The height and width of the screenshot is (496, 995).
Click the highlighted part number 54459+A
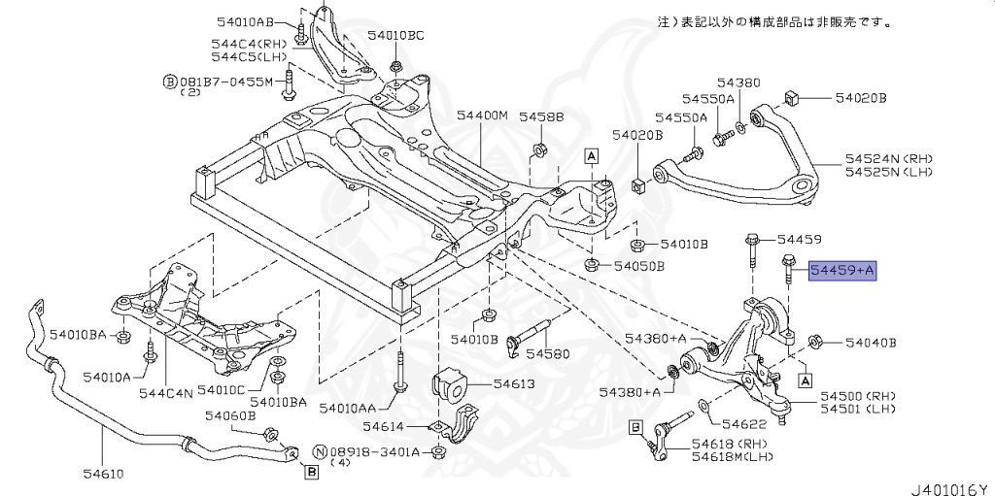tap(843, 270)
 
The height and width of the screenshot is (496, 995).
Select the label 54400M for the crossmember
tap(483, 116)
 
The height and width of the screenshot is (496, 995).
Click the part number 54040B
tap(870, 343)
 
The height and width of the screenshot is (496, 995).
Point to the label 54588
tap(540, 116)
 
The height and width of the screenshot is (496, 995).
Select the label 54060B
tap(229, 414)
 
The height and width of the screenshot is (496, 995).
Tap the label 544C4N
tap(166, 392)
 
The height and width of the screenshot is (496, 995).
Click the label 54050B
tap(638, 266)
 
